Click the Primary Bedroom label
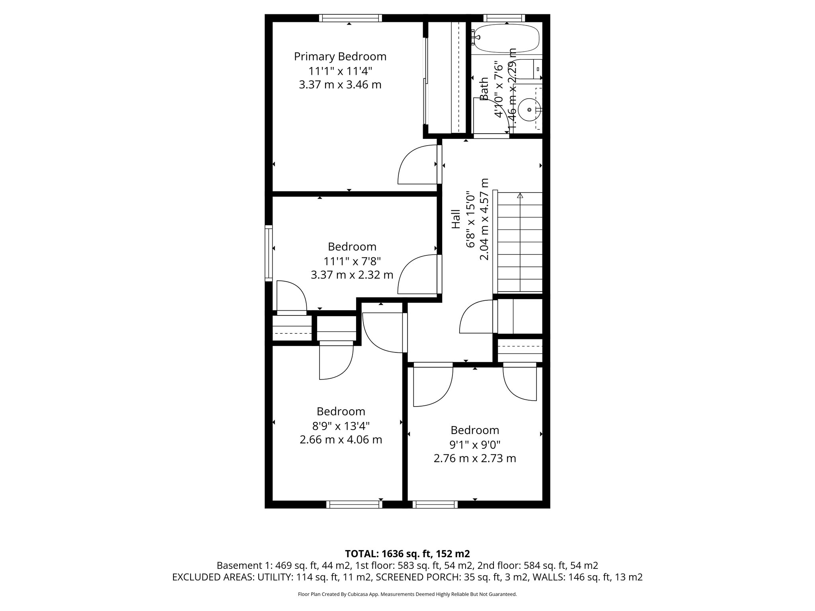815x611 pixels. coord(340,56)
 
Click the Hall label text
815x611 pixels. coord(456,219)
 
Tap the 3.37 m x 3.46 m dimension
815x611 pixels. coord(340,85)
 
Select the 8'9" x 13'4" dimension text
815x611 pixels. coord(341,426)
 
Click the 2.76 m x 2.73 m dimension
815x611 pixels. coord(474,459)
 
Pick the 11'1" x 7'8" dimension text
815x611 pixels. coord(352,261)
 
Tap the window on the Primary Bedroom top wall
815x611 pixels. coord(350,18)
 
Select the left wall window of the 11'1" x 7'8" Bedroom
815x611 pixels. coord(269,253)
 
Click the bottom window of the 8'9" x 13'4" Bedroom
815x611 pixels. coord(354,504)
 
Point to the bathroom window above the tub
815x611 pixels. coord(504,18)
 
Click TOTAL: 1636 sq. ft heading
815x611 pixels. coord(407,554)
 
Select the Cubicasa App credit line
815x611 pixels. coord(407,594)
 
